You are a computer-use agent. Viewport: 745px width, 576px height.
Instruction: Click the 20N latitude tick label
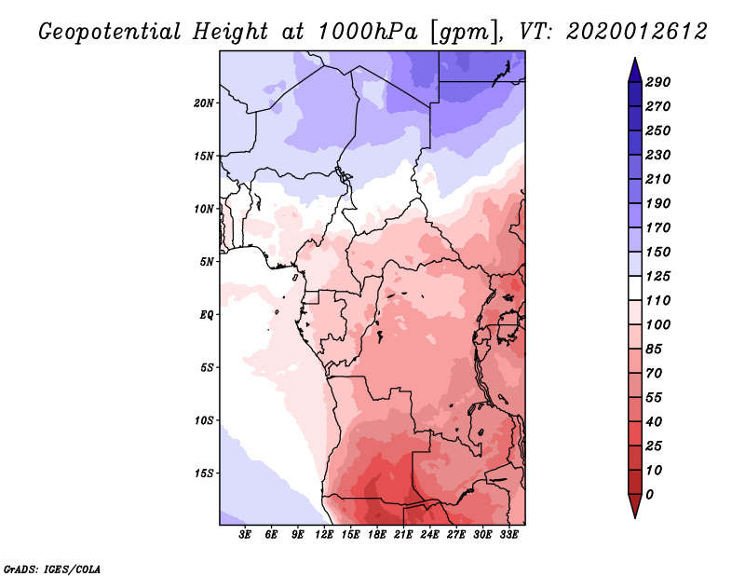(x=204, y=103)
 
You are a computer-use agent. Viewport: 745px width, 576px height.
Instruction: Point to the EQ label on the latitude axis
(x=207, y=315)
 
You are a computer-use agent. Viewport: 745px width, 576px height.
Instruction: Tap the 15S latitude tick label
(x=204, y=473)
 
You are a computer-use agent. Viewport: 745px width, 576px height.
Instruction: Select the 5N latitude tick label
(x=207, y=262)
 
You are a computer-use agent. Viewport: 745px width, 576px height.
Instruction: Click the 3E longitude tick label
(x=245, y=535)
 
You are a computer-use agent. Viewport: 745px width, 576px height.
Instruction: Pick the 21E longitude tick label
(x=403, y=535)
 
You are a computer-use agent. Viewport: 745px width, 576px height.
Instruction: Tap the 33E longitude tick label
(x=508, y=535)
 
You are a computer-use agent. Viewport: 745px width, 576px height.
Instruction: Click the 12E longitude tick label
(x=324, y=535)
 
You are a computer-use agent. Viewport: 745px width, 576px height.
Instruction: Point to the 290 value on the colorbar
(x=658, y=82)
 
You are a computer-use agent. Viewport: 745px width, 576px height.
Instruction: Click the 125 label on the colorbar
(x=658, y=276)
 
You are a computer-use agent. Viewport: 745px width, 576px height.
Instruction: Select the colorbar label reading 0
(x=649, y=495)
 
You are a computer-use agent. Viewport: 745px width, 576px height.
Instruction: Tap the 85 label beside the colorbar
(x=654, y=350)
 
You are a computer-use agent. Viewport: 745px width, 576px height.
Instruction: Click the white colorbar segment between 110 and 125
(x=635, y=288)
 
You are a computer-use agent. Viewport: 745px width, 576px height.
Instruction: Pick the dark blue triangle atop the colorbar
(x=635, y=72)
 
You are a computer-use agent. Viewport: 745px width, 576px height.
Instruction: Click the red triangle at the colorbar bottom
(x=635, y=504)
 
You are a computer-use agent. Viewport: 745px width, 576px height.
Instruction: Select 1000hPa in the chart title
(x=367, y=32)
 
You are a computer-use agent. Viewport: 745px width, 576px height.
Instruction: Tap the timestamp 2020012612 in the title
(x=637, y=32)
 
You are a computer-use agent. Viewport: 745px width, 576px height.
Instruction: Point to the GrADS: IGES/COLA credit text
(x=52, y=569)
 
